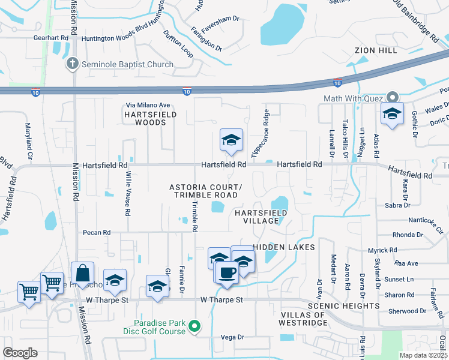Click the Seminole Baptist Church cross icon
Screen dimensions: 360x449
pos(72,64)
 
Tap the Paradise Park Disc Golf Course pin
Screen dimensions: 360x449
pos(194,327)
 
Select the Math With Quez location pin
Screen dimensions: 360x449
pos(393,97)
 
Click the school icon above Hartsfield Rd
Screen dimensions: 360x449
pos(231,140)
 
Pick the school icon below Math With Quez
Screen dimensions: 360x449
pos(392,113)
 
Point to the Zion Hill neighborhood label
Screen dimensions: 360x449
pos(376,50)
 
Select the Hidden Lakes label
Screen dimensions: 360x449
pos(284,247)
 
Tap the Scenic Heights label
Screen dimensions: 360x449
pos(343,305)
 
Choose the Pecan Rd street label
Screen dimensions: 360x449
pos(97,232)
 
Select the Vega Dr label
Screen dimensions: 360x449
pos(232,337)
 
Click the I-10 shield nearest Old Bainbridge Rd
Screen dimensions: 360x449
pos(337,82)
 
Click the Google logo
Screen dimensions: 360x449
pos(21,352)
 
